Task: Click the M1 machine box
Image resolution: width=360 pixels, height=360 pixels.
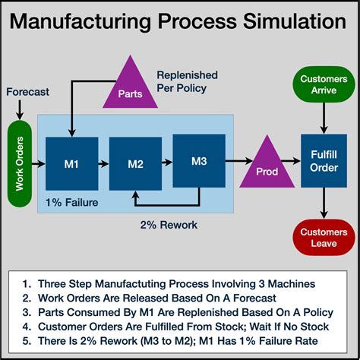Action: [71, 163]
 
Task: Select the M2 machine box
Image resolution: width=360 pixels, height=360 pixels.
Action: [134, 163]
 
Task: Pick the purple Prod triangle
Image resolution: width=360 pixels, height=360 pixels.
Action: [267, 166]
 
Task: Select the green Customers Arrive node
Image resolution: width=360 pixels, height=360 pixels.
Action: [324, 84]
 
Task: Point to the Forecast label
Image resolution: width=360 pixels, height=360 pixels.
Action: [28, 92]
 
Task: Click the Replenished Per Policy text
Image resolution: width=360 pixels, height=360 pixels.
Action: [187, 82]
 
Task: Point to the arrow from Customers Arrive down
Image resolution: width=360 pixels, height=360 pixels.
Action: [324, 117]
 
